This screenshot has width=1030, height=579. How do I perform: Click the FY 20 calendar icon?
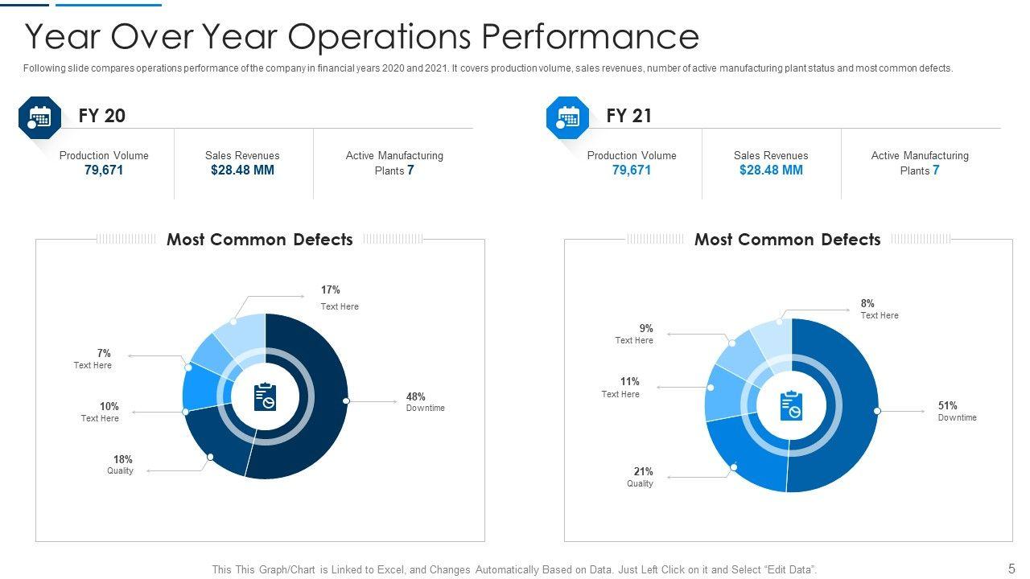(x=39, y=117)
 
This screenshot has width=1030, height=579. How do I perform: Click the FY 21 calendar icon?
(x=567, y=117)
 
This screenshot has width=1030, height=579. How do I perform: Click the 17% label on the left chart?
(x=331, y=289)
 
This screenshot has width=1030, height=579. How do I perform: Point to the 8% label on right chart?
(x=867, y=303)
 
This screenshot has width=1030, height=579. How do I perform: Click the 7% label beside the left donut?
(x=104, y=353)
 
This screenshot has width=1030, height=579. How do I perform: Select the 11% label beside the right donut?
(x=629, y=381)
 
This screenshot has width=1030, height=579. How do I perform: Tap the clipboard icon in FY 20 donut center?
(x=265, y=396)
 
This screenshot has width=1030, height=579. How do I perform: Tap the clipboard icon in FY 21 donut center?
(x=791, y=405)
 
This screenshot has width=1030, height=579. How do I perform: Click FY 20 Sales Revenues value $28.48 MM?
(x=242, y=170)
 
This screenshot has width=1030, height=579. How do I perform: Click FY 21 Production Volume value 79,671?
(x=632, y=170)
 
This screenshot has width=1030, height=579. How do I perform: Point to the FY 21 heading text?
(x=629, y=116)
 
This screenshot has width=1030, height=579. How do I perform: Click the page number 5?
(x=1011, y=568)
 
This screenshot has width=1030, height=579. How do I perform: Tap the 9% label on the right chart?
(x=646, y=328)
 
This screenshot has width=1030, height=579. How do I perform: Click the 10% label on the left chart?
(x=109, y=406)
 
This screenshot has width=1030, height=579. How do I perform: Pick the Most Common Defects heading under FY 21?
(x=787, y=240)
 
